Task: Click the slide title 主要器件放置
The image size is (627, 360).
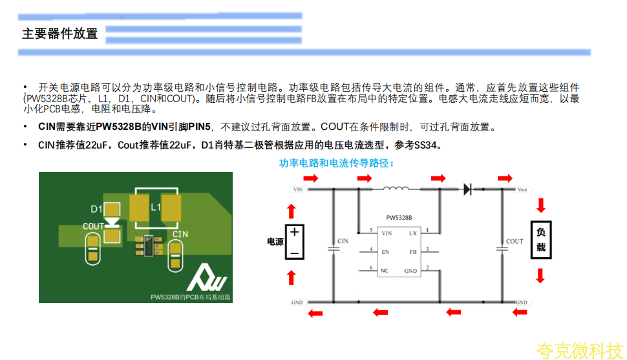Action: coord(59,34)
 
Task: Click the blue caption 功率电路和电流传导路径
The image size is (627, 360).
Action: coord(336,163)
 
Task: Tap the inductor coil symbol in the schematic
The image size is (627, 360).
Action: coord(396,189)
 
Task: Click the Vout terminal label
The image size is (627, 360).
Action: coord(523,190)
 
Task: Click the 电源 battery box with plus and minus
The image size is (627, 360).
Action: coord(294,242)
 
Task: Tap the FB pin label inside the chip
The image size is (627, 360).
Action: coord(413,251)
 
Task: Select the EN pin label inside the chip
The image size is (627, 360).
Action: coord(386,251)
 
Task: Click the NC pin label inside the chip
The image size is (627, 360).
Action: coord(385,270)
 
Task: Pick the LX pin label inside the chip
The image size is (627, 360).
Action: coord(413,233)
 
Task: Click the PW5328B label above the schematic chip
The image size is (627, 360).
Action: coord(399,218)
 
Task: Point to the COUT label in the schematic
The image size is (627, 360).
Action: coord(515,242)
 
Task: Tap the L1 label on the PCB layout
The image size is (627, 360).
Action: coord(156,207)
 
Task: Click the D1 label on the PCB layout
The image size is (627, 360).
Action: coord(96,209)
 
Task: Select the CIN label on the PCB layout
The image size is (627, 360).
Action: coord(180,233)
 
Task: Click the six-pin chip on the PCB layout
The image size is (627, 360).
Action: coord(149,246)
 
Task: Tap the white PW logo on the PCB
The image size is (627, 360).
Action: coord(207,279)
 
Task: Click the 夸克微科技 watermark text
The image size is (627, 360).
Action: coord(579,350)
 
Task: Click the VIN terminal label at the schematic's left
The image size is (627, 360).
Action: coord(298,190)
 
